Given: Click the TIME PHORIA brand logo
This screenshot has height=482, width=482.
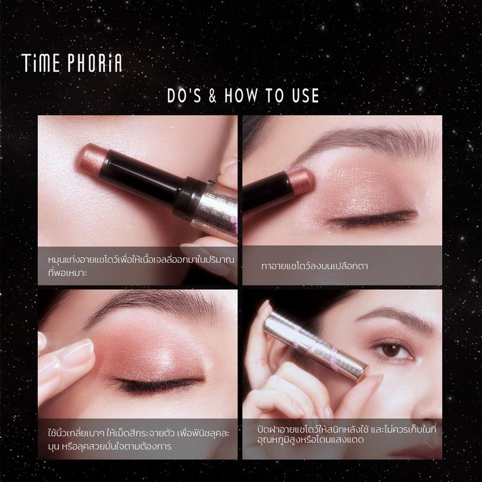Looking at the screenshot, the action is point(72,63).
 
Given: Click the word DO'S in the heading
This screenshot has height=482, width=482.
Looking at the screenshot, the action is point(184,95).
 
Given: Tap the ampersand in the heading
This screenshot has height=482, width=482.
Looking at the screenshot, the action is point(213,95).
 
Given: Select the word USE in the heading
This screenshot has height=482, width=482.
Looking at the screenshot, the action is point(305,95).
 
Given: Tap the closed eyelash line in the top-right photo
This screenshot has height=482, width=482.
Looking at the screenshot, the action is point(372,218).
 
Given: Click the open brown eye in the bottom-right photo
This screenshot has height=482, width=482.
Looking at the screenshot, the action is point(392,351).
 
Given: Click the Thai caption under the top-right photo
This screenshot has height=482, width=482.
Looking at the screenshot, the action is point(315,266).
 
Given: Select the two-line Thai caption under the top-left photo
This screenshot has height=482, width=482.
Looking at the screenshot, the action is point(142,266).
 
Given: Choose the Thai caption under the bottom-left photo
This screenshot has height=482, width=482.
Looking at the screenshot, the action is point(139,440).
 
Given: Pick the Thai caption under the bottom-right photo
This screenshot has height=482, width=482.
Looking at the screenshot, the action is point(347,434).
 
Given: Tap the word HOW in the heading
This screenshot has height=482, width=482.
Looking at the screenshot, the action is point(241,95).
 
